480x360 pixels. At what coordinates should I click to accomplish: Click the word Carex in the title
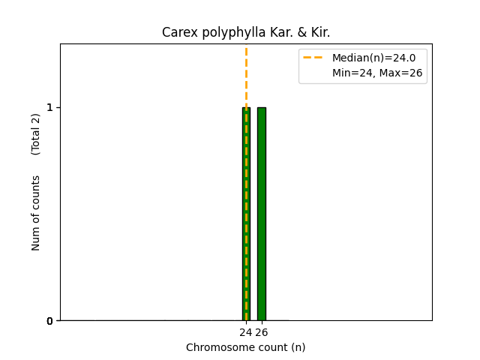177,33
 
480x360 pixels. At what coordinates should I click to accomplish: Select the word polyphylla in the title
220,33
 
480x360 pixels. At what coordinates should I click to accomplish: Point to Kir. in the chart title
317,33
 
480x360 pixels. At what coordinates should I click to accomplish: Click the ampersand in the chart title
289,33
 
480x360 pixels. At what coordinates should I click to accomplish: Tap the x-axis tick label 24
245,332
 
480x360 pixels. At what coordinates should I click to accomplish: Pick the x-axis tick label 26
261,332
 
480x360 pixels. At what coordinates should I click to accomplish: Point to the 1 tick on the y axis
50,107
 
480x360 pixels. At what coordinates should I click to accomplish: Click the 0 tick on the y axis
50,321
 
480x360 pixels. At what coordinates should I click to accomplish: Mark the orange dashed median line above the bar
246,75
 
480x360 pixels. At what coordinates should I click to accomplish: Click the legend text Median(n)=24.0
373,58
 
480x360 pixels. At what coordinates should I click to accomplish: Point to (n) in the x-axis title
298,347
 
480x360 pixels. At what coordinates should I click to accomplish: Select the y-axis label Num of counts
36,213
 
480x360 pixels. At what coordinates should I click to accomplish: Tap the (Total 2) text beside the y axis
36,133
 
